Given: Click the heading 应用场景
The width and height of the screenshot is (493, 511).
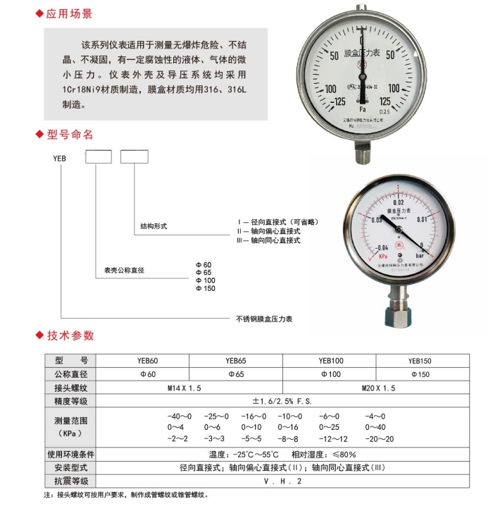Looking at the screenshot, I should (69, 14).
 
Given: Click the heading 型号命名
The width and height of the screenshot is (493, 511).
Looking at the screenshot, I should (69, 134).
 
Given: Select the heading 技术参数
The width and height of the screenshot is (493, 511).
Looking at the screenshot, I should (69, 335).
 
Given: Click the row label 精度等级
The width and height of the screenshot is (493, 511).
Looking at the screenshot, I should (70, 401).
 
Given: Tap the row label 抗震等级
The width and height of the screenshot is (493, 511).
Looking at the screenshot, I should (70, 481).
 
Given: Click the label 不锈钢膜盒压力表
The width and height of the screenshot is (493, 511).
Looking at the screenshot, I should (263, 319).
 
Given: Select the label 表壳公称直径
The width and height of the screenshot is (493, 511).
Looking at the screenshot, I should (124, 270).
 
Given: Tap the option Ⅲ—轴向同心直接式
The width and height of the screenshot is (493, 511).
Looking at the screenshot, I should (268, 240).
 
